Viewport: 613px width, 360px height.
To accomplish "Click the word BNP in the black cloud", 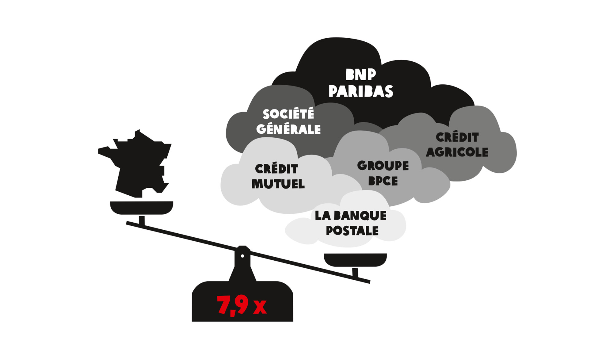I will [x=360, y=75].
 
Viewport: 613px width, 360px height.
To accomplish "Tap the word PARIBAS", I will [x=360, y=91].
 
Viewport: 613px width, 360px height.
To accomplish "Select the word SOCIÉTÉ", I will [x=288, y=114].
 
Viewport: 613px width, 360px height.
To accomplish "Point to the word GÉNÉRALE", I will [x=288, y=129].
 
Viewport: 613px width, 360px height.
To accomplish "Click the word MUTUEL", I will [x=278, y=184].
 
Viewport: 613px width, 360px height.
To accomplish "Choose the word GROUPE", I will [x=383, y=166].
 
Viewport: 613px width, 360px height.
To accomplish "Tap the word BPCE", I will [x=383, y=181].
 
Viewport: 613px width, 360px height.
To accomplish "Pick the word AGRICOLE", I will [x=457, y=152].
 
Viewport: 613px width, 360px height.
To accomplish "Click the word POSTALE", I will [x=352, y=231].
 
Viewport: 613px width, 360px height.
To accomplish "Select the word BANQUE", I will [x=360, y=216].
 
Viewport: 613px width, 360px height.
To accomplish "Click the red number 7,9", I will [x=232, y=305].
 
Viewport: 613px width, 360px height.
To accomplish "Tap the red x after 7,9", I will [x=260, y=307].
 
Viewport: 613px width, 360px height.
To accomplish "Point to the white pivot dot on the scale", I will [x=242, y=256].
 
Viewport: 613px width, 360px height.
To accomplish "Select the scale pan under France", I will [x=142, y=208].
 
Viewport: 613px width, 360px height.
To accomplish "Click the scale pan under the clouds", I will [x=355, y=260].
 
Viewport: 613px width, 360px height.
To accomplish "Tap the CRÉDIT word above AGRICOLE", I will [x=457, y=137].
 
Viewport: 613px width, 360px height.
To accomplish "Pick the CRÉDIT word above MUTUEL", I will [x=276, y=169].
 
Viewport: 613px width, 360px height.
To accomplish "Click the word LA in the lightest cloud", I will [x=322, y=216].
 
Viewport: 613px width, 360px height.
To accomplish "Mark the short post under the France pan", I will [x=142, y=220].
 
